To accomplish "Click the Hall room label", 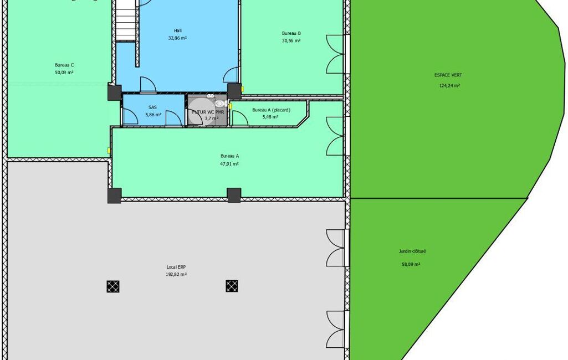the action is (x=177, y=31).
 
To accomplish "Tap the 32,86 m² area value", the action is (x=177, y=38).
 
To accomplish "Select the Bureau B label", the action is (x=291, y=33).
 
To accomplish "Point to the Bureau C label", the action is (x=64, y=65).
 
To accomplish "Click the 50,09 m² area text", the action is (x=64, y=73).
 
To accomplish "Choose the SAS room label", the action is (x=152, y=107).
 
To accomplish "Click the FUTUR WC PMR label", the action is (x=208, y=112).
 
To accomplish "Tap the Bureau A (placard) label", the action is (x=272, y=110).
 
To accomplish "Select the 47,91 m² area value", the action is (x=229, y=164).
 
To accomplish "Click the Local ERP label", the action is (x=176, y=268).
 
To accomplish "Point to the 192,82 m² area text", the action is (x=176, y=275).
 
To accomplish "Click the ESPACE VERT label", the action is (x=448, y=75).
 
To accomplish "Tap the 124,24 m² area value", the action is (x=449, y=86).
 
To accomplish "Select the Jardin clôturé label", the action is (x=412, y=251).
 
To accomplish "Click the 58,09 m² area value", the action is (x=411, y=264).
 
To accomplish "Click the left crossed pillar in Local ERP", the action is (x=113, y=286).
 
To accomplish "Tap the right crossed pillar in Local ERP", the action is (x=232, y=286).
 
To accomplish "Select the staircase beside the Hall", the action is (x=126, y=20).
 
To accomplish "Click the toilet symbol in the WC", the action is (x=219, y=104).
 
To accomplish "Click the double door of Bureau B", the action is (x=335, y=54).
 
